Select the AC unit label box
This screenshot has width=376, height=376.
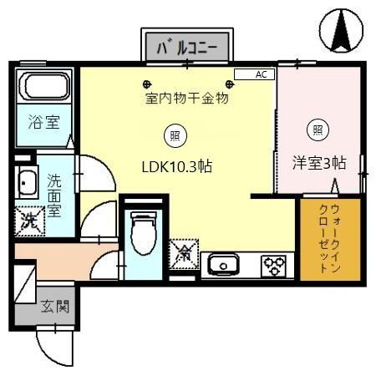[x=255, y=74]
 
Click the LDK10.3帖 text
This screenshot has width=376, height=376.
[x=175, y=166]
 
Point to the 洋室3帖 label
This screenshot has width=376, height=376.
[x=318, y=162]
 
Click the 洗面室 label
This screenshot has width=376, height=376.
[x=55, y=195]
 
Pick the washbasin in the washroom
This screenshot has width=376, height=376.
[x=27, y=180]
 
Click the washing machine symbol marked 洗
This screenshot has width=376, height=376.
[x=28, y=221]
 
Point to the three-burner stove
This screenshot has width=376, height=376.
[x=272, y=266]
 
